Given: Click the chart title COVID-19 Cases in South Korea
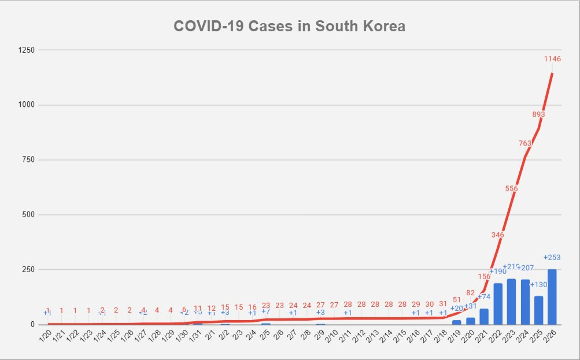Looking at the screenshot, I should coord(290,27).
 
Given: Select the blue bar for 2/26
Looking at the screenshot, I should coord(552,296).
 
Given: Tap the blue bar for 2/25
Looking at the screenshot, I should coord(539,310).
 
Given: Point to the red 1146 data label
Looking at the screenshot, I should coord(552,59).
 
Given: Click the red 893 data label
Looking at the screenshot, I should coord(538,114).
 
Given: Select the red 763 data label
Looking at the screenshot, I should coord(525,143).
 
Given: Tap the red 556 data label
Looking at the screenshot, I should coord(511,188).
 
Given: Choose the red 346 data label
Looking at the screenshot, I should coord(497,235).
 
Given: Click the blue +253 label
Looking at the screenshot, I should coord(552,258).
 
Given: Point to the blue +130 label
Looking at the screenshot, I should coord(538,284).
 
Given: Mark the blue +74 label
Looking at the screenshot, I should coord(484,296).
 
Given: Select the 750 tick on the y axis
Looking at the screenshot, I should coord(29,159).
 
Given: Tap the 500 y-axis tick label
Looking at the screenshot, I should coord(29,214).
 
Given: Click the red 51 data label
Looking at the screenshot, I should coord(457,299).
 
